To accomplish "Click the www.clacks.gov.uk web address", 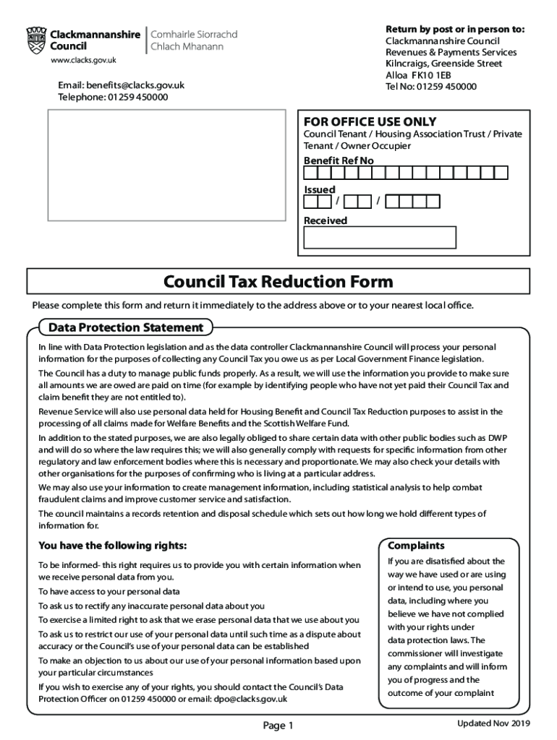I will coord(83,61).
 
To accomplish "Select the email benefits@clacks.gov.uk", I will coord(141,85).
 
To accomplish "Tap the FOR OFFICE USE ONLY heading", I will coord(370,121).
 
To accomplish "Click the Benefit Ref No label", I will coord(339,160).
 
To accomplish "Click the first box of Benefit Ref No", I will coord(310,173).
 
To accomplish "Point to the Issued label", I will coord(319,189).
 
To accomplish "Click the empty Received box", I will coord(380,238).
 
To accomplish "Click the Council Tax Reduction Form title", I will coord(278,281).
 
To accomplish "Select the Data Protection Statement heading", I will coord(125,327).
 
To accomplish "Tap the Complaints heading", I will coord(416,546).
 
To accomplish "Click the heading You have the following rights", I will coord(112,545).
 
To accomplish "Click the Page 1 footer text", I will coord(278,725).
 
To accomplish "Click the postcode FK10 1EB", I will coord(431,75).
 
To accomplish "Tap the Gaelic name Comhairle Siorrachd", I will coord(193,34).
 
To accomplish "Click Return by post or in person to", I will coord(455,29).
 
